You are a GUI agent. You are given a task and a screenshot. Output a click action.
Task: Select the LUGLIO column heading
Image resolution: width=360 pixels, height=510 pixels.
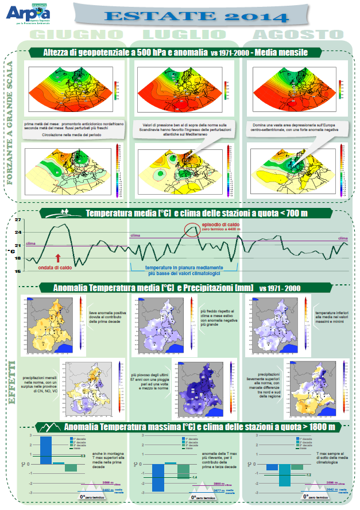[184, 35]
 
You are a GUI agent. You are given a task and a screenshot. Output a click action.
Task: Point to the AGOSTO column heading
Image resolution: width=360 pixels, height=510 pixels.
[293, 35]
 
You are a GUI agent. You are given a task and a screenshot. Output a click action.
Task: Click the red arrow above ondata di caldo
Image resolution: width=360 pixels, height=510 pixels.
[57, 258]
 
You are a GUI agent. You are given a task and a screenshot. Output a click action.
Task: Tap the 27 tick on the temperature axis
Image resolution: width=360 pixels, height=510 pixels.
[18, 220]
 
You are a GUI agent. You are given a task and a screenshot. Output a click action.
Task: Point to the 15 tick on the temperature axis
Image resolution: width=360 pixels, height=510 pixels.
[18, 271]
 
